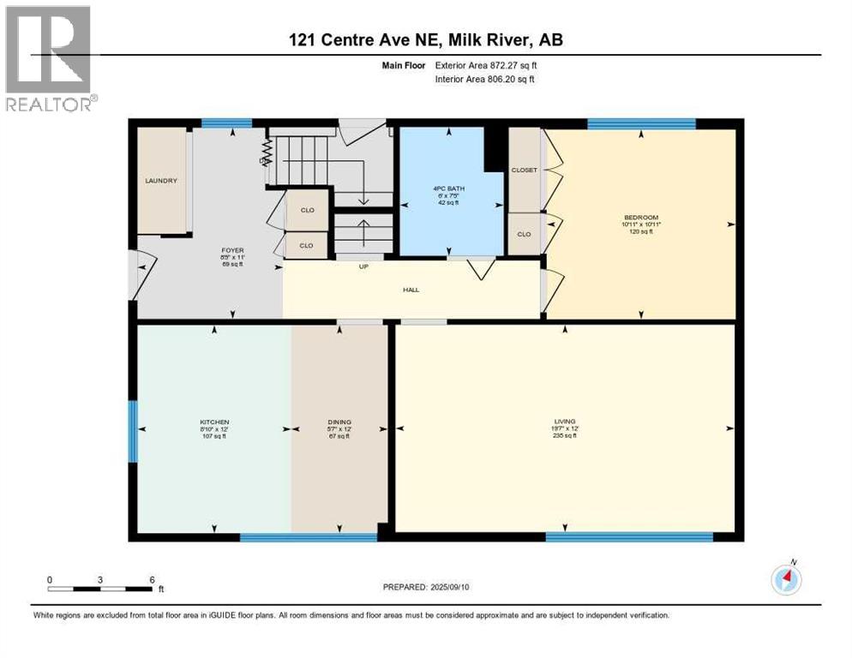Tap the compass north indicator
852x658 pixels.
pyautogui.click(x=786, y=579)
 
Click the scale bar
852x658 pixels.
pyautogui.click(x=101, y=589)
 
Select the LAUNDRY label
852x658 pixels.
pyautogui.click(x=160, y=181)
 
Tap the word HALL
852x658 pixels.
pyautogui.click(x=411, y=290)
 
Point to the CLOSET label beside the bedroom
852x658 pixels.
pyautogui.click(x=524, y=170)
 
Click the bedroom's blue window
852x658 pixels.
pyautogui.click(x=640, y=123)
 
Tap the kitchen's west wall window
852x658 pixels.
pyautogui.click(x=133, y=432)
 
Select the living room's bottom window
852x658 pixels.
pyautogui.click(x=629, y=537)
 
